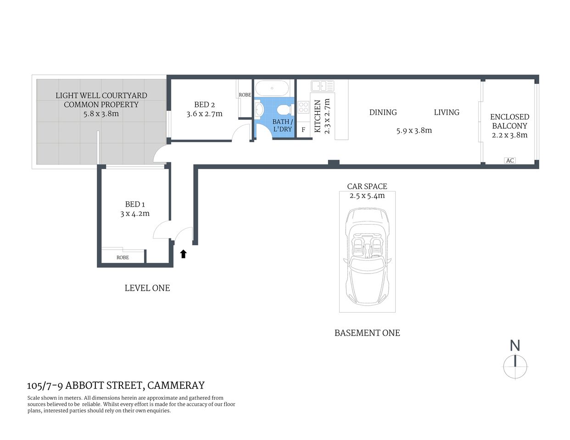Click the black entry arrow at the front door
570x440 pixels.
tap(184, 253)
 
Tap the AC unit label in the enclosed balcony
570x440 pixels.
tap(509, 160)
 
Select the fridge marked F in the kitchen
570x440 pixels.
tap(303, 130)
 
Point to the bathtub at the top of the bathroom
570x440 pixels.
tap(272, 88)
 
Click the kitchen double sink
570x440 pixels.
tap(322, 86)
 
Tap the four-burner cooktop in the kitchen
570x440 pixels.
tap(303, 107)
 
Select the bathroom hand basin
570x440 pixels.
tap(259, 110)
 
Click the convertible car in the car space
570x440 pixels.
tap(367, 252)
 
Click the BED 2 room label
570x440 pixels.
tap(204, 104)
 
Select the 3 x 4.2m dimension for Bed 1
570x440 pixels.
tap(135, 214)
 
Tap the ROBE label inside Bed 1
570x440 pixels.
tap(123, 258)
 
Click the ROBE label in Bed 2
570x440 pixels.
tap(245, 95)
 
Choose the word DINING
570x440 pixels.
tap(383, 112)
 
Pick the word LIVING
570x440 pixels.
tap(447, 112)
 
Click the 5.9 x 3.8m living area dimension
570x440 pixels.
tap(414, 131)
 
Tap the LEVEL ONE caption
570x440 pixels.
tap(147, 288)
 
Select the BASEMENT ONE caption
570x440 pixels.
tap(367, 333)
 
